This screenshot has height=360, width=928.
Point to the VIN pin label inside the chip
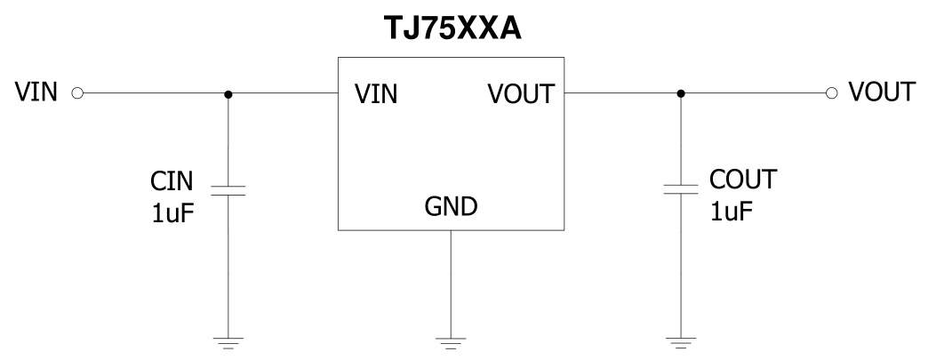pos(376,93)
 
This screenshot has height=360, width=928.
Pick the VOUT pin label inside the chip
pos(522,93)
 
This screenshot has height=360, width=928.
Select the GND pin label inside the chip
pos(451,207)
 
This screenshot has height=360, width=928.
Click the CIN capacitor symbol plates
pos(228,188)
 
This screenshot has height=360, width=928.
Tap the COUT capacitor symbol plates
pos(680,188)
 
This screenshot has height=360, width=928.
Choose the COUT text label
pos(743,180)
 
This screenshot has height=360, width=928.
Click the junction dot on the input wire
pos(228,93)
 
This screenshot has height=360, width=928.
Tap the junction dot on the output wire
pos(680,93)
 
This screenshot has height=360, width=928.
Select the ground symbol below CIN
pos(228,341)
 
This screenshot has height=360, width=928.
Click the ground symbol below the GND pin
pos(451,341)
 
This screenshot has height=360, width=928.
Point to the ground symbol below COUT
pos(680,341)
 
